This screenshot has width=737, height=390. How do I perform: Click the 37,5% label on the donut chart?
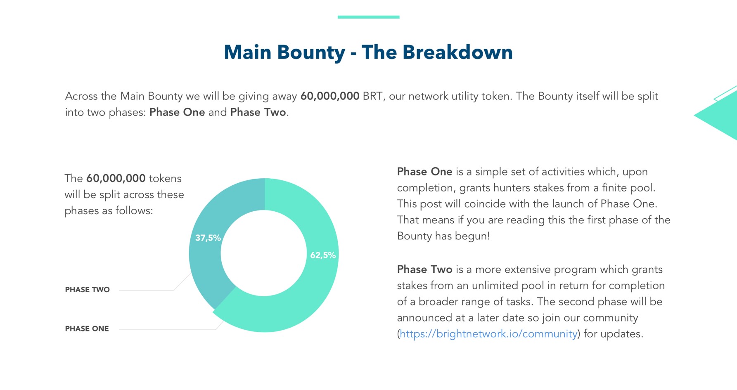tap(208, 238)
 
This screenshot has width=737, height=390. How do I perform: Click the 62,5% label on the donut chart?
tap(323, 255)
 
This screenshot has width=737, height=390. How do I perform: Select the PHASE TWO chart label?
tap(87, 290)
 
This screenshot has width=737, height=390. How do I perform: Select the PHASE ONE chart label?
tap(87, 329)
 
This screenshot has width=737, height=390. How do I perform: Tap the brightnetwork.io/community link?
tap(488, 333)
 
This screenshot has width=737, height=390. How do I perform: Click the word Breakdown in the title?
tap(457, 52)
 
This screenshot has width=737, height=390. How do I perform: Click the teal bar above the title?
tap(368, 17)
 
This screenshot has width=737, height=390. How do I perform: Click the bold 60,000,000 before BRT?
tap(330, 96)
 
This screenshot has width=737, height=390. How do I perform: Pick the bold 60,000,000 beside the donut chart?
tap(116, 178)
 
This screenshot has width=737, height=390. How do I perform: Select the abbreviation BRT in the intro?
tap(372, 96)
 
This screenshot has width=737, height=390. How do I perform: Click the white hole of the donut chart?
tap(264, 253)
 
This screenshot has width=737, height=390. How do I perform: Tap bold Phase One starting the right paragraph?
tap(424, 172)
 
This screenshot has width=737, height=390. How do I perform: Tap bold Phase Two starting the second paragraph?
tap(425, 269)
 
